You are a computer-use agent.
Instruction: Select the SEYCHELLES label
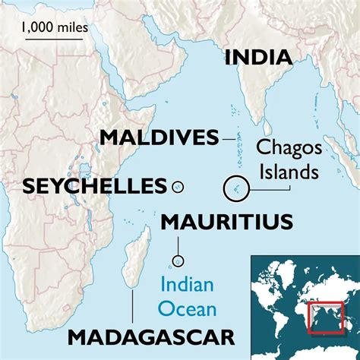pyautogui.click(x=95, y=185)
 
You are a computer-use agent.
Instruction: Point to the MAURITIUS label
pyautogui.click(x=226, y=222)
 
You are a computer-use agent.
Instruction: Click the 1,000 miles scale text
pyautogui.click(x=54, y=27)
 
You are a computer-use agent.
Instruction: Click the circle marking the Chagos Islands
pyautogui.click(x=235, y=188)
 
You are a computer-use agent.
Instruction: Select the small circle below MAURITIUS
pyautogui.click(x=179, y=260)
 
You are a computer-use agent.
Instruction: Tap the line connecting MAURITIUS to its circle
pyautogui.click(x=179, y=245)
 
